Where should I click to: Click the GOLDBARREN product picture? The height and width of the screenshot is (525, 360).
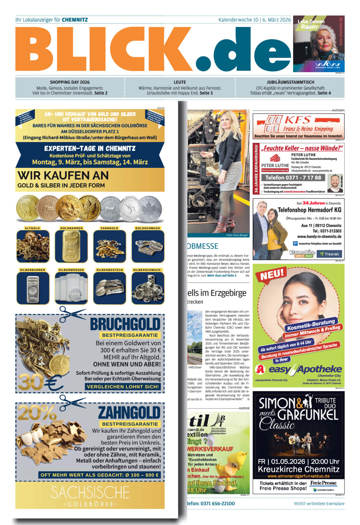(71, 246)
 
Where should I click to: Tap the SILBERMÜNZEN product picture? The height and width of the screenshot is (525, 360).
(71, 288)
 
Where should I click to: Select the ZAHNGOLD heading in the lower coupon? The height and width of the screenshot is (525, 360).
(129, 413)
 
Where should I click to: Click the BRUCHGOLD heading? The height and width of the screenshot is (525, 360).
(125, 324)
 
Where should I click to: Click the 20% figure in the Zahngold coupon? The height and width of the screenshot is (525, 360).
(37, 413)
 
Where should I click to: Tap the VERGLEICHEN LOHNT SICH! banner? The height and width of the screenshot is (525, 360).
(123, 387)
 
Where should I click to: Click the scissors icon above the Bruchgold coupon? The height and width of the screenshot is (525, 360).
(73, 313)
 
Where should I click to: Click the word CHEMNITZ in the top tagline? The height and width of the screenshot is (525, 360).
(75, 20)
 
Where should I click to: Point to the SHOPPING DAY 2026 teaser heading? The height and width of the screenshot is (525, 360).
(70, 82)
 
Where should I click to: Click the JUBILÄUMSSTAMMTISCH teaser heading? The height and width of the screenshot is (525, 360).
(290, 82)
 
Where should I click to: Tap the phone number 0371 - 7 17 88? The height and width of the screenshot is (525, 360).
(293, 178)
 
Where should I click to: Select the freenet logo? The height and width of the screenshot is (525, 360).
(329, 254)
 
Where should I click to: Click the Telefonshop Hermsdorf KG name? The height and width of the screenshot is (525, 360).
(309, 210)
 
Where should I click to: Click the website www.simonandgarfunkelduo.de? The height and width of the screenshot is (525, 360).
(298, 476)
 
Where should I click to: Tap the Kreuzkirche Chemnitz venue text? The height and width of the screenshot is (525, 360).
(298, 469)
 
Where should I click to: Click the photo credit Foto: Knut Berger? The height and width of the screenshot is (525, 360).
(237, 235)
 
